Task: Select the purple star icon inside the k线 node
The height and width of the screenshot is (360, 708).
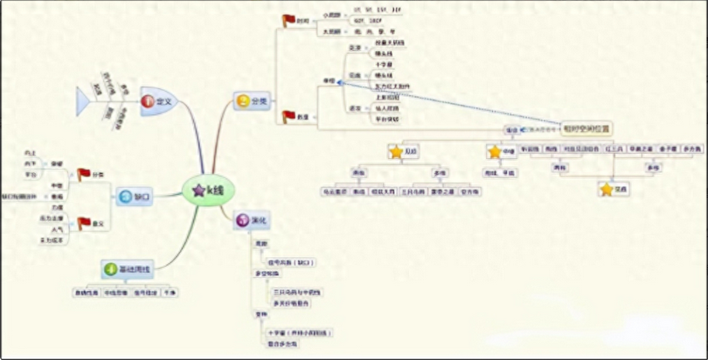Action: (198, 190)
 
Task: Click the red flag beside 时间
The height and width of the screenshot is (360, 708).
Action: (288, 20)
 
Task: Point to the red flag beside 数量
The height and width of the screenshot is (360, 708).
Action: (288, 115)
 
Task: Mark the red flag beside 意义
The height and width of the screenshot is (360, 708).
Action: (84, 224)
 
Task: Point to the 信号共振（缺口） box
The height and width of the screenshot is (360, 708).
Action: (291, 262)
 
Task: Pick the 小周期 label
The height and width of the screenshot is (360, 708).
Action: (331, 15)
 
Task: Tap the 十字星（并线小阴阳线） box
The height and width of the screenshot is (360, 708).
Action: (302, 333)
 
